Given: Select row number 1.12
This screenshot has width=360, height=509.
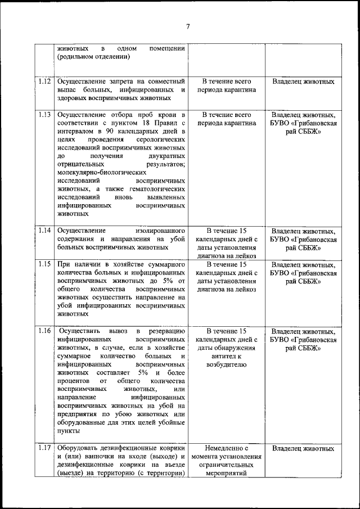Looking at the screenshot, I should pos(46,81).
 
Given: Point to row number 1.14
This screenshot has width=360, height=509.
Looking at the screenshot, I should pos(46,231).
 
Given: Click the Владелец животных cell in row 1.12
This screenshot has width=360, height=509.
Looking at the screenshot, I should pos(303,82).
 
